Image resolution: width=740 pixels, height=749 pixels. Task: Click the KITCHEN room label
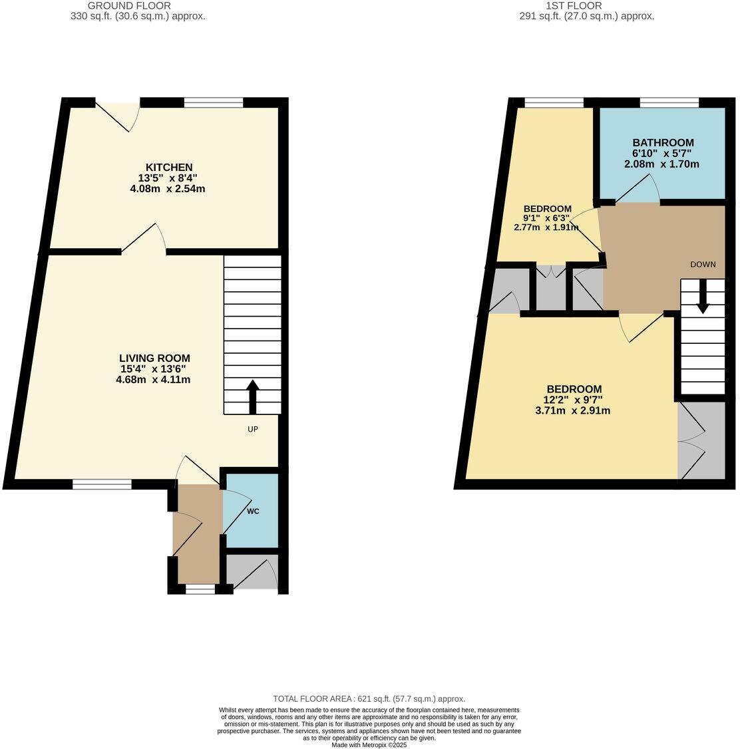169,167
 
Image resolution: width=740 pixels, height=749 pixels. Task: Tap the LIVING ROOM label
154,359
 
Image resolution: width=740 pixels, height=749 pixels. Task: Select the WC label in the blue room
253,512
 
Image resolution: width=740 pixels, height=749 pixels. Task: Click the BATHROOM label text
663,142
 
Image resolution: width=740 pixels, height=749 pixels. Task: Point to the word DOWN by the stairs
703,264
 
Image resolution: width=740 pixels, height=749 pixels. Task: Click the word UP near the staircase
253,429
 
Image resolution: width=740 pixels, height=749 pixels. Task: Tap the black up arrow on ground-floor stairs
253,397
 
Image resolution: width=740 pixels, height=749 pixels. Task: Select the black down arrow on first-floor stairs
702,300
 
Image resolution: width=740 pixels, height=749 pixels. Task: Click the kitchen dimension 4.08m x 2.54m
168,189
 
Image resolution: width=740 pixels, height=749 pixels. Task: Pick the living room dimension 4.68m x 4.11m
153,380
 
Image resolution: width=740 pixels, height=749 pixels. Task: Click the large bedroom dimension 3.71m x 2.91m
573,410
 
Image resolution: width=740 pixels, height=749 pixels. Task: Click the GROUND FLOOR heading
138,5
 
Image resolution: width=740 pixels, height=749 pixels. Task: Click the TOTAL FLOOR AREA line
369,698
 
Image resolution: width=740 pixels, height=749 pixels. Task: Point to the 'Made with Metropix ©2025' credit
369,745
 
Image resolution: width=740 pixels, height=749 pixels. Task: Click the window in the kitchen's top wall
214,102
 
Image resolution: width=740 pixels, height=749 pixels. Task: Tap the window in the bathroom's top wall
669,102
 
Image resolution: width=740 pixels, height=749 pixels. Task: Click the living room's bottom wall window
102,484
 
